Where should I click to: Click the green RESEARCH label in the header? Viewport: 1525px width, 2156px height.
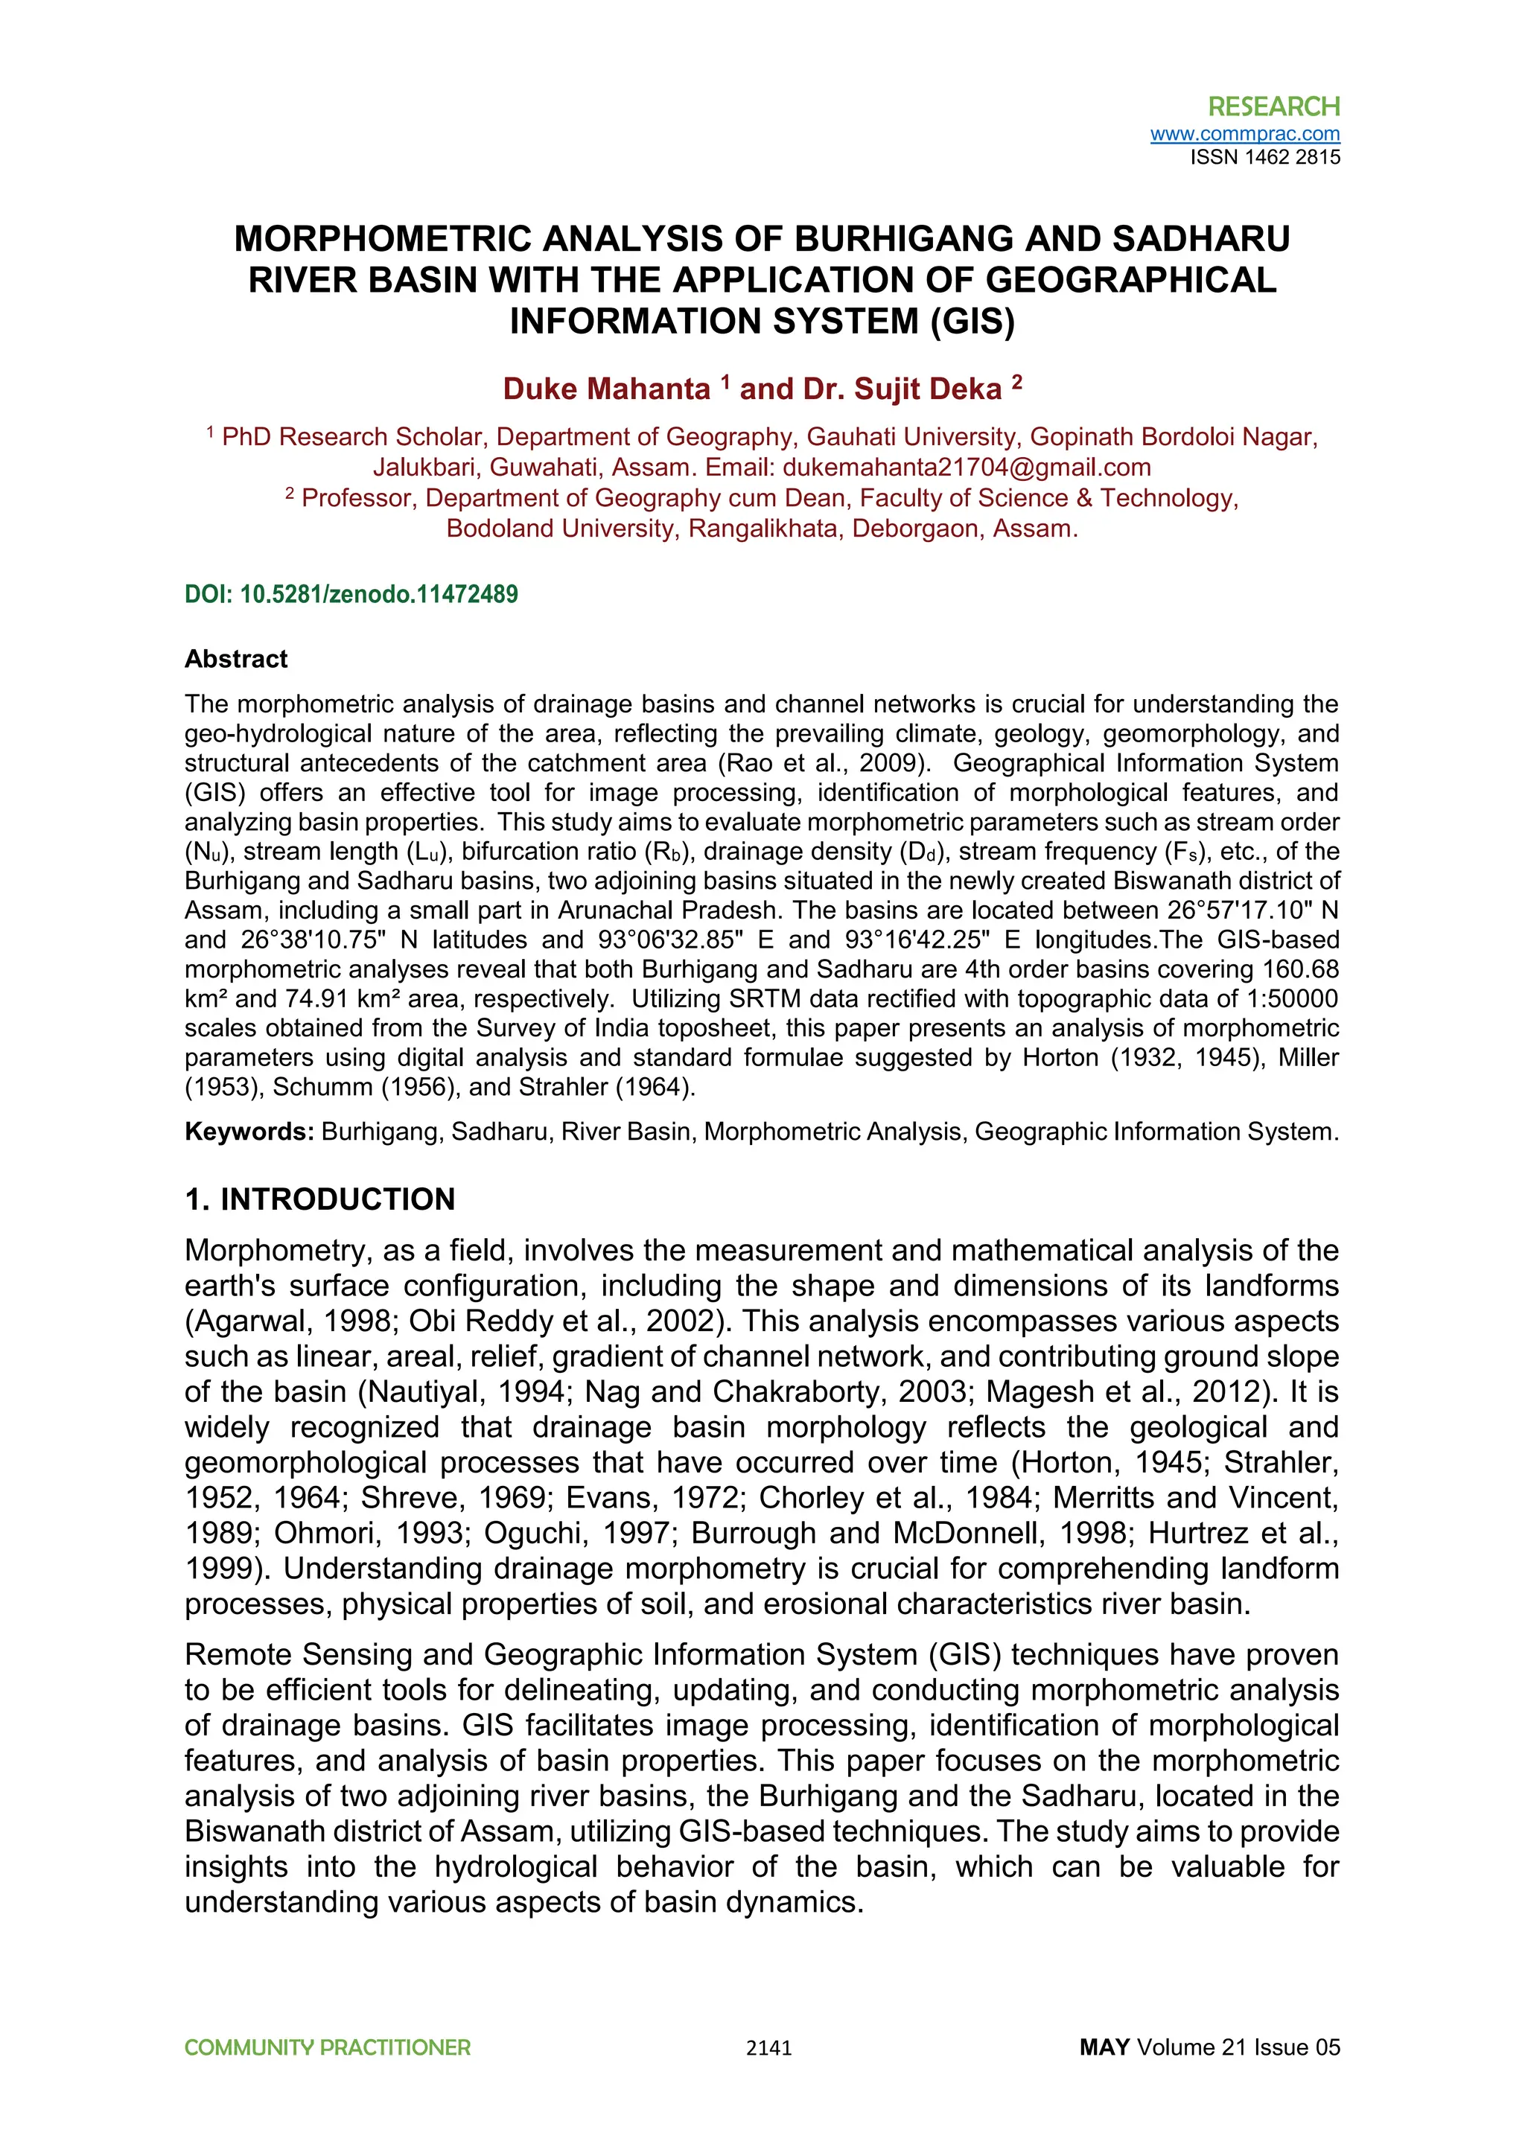pyautogui.click(x=1273, y=106)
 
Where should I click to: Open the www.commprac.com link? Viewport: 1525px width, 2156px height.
pyautogui.click(x=1244, y=134)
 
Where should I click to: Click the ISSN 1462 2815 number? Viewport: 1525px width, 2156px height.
pyautogui.click(x=1265, y=158)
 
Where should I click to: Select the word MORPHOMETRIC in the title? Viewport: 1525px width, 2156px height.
pyautogui.click(x=383, y=240)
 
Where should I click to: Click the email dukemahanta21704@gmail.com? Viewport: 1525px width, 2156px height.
pyautogui.click(x=967, y=468)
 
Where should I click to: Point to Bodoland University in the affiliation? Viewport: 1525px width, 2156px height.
pyautogui.click(x=560, y=529)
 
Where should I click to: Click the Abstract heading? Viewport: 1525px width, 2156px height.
pyautogui.click(x=236, y=659)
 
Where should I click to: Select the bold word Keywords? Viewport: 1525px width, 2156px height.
pyautogui.click(x=249, y=1132)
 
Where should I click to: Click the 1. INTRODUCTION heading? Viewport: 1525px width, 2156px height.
pyautogui.click(x=319, y=1200)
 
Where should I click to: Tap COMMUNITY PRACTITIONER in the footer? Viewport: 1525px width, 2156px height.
pyautogui.click(x=327, y=2048)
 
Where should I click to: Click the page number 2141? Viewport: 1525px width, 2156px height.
pyautogui.click(x=768, y=2049)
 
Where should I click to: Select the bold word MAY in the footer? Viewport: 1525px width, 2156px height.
pyautogui.click(x=1104, y=2048)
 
